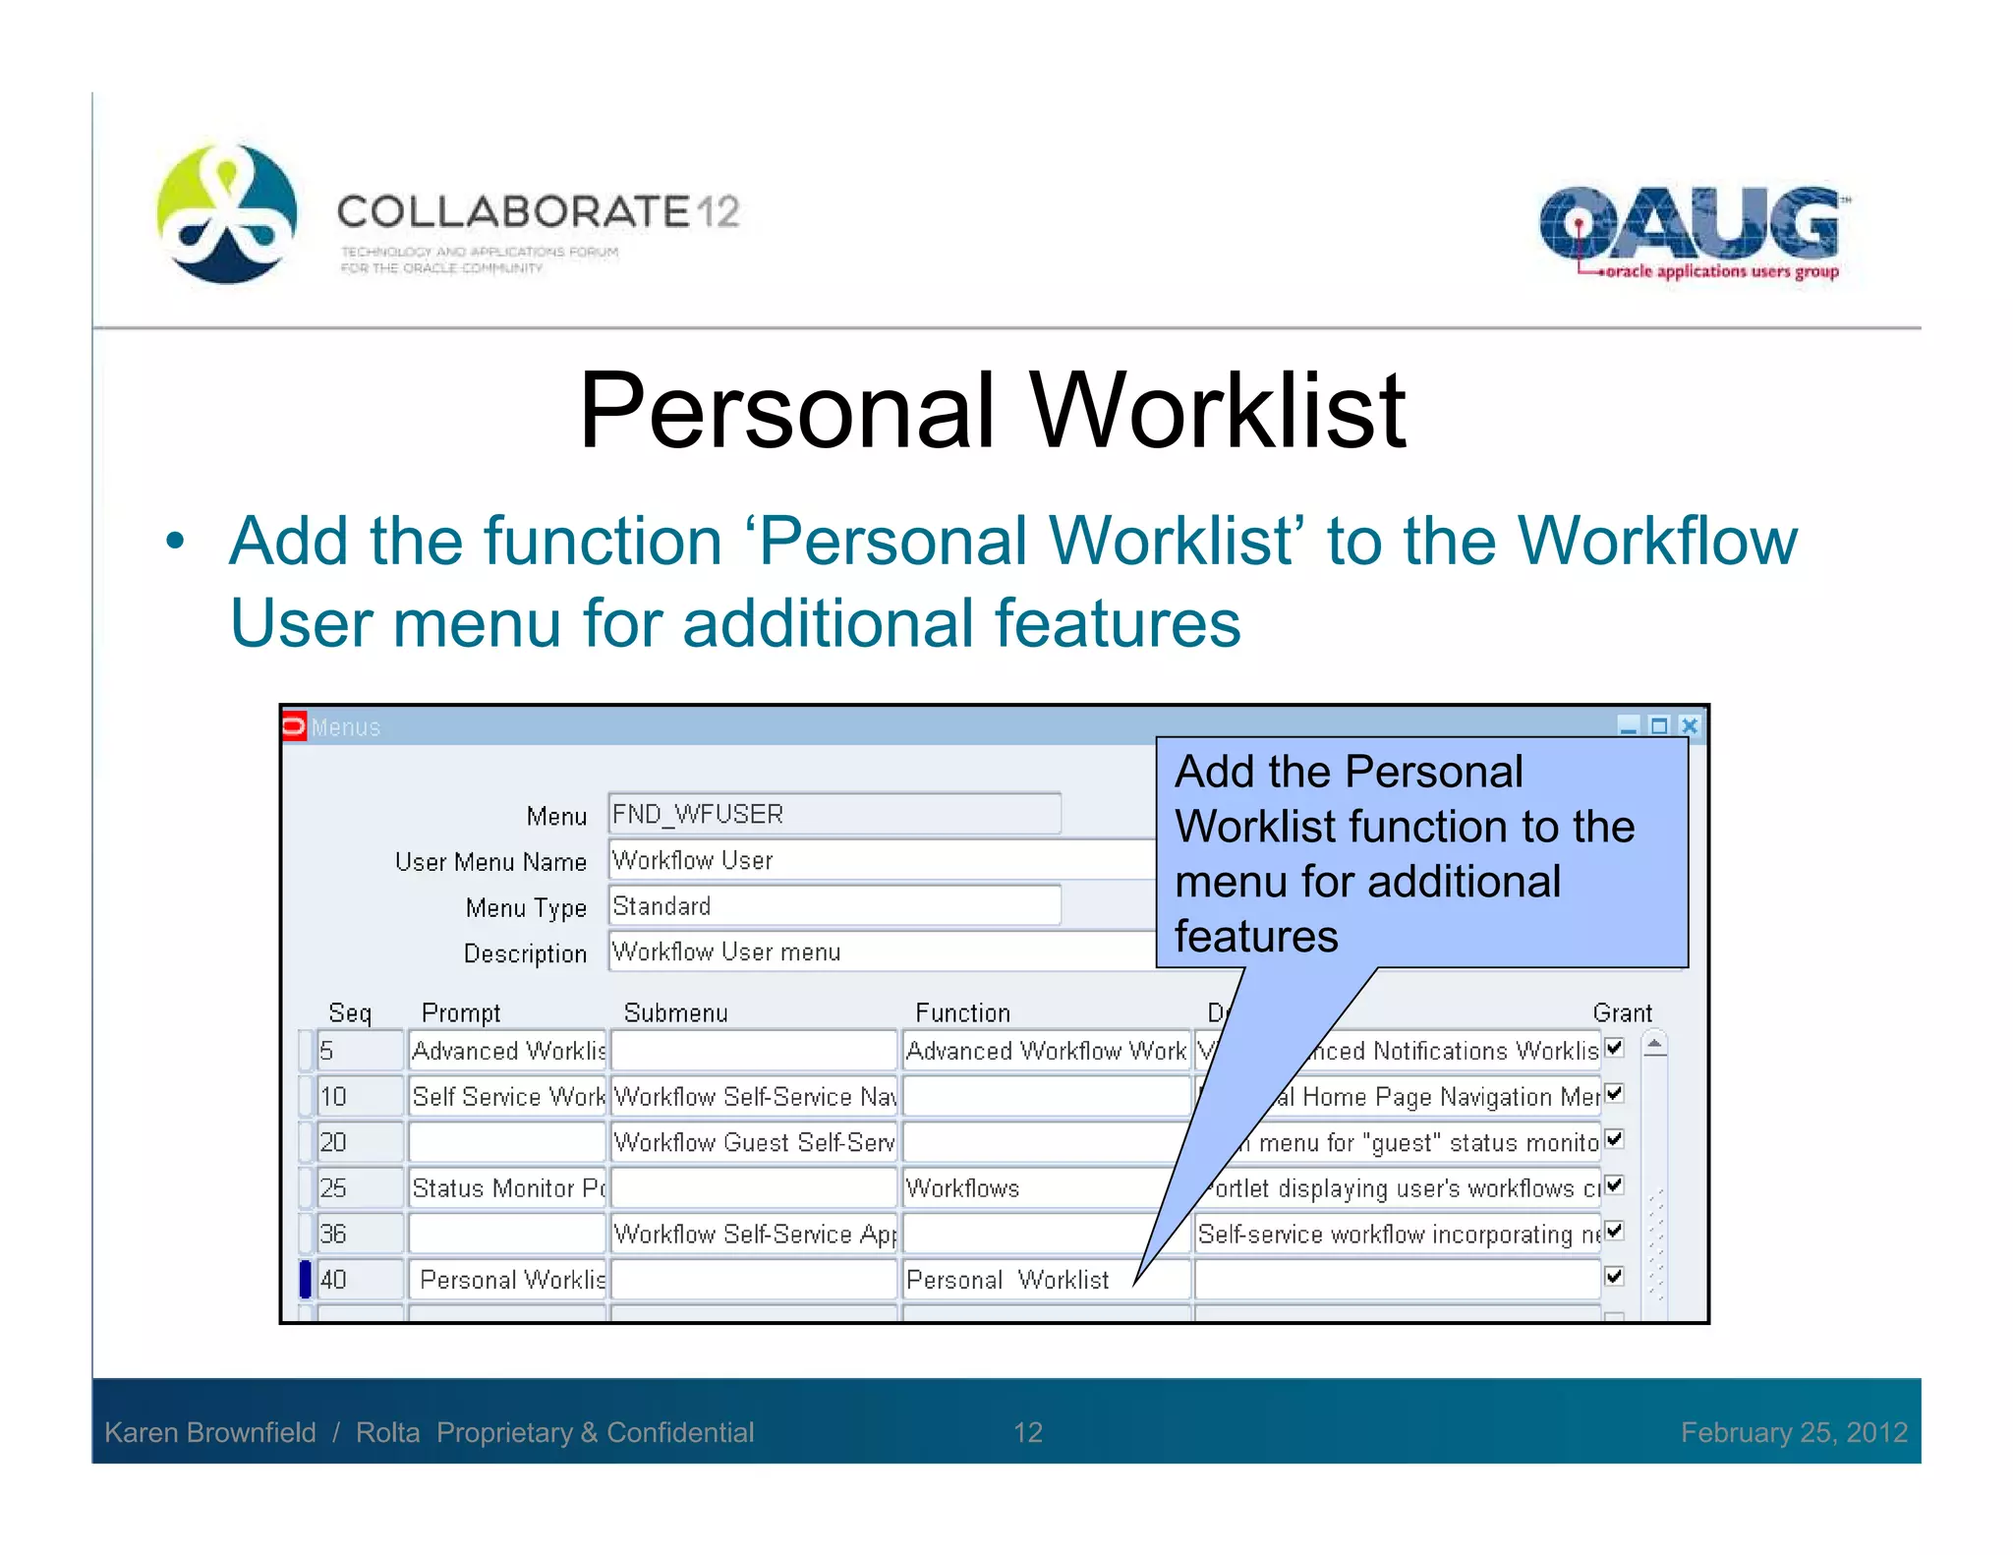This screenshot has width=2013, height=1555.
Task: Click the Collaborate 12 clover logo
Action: (x=227, y=213)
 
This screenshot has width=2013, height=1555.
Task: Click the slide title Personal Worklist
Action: (x=993, y=410)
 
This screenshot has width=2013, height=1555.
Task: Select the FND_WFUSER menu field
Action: (x=834, y=814)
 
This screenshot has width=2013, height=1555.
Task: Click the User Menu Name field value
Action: (x=880, y=860)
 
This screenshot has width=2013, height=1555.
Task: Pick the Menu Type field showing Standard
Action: (x=834, y=905)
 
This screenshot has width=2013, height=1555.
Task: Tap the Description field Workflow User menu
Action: (x=880, y=951)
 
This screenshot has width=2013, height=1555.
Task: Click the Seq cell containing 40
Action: (x=359, y=1280)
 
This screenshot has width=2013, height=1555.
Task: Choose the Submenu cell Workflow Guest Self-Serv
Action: (x=753, y=1142)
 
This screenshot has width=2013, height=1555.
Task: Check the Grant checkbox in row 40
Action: (x=1614, y=1277)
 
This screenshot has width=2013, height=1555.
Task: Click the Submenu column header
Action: (x=675, y=1012)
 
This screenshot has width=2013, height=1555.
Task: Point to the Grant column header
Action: (x=1622, y=1012)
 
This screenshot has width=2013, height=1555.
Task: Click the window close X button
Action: (x=1690, y=726)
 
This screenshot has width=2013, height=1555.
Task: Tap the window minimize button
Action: (x=1629, y=726)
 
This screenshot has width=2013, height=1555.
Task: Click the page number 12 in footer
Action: (x=1028, y=1432)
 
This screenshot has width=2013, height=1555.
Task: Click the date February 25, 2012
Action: (x=1794, y=1432)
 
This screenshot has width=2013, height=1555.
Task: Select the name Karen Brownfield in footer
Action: (x=210, y=1432)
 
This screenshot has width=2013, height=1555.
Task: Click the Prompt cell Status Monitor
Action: (x=506, y=1188)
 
